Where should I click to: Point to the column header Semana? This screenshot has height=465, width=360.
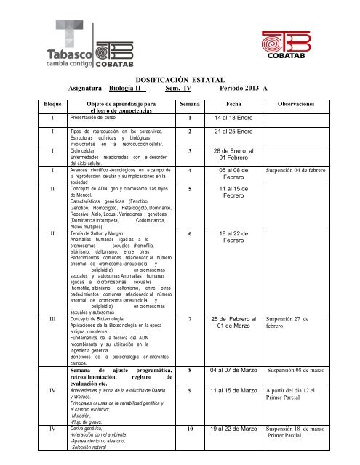191,105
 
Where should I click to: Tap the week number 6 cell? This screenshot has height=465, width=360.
190,235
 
